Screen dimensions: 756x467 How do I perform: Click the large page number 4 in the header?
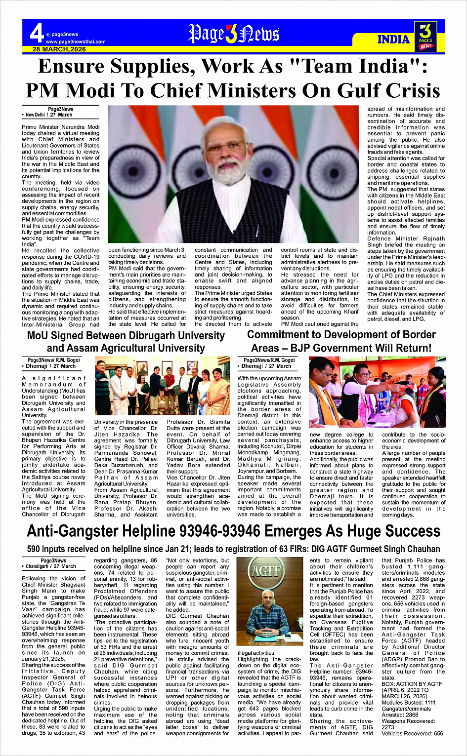(x=37, y=34)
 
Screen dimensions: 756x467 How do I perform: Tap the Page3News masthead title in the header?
(x=234, y=34)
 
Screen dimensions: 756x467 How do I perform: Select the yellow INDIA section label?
(x=393, y=40)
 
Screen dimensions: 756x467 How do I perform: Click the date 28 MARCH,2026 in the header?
(x=59, y=49)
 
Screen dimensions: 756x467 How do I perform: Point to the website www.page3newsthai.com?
(x=76, y=42)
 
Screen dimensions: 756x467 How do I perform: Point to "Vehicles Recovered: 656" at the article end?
(x=412, y=733)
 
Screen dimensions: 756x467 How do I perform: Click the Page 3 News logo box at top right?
(x=426, y=37)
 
